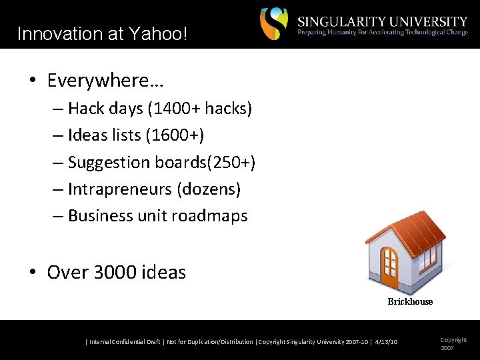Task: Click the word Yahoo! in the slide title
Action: (161, 34)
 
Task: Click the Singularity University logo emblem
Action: (274, 24)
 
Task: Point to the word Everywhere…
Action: (106, 81)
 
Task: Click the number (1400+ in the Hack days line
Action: (185, 109)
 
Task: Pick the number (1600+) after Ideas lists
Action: (175, 135)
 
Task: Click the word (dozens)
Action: (209, 189)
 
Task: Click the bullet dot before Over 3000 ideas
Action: (32, 272)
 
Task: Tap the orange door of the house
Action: (390, 267)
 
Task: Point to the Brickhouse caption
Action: (410, 302)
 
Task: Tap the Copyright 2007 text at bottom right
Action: (453, 344)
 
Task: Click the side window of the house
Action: (427, 256)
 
